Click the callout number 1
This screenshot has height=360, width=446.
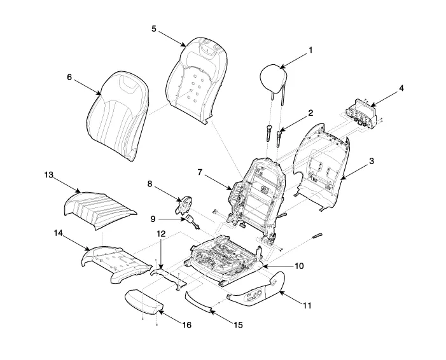click(x=310, y=50)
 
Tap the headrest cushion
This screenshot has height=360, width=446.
click(x=273, y=78)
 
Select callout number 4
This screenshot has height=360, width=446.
click(x=401, y=88)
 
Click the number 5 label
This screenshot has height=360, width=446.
click(x=154, y=29)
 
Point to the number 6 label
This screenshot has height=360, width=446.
click(x=70, y=77)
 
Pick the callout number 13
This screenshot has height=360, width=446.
click(x=48, y=175)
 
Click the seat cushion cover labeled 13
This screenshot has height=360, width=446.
click(x=99, y=210)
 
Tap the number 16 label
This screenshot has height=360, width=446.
click(x=186, y=325)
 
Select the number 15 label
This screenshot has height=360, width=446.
click(x=239, y=325)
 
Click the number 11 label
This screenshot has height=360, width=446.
click(x=307, y=306)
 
